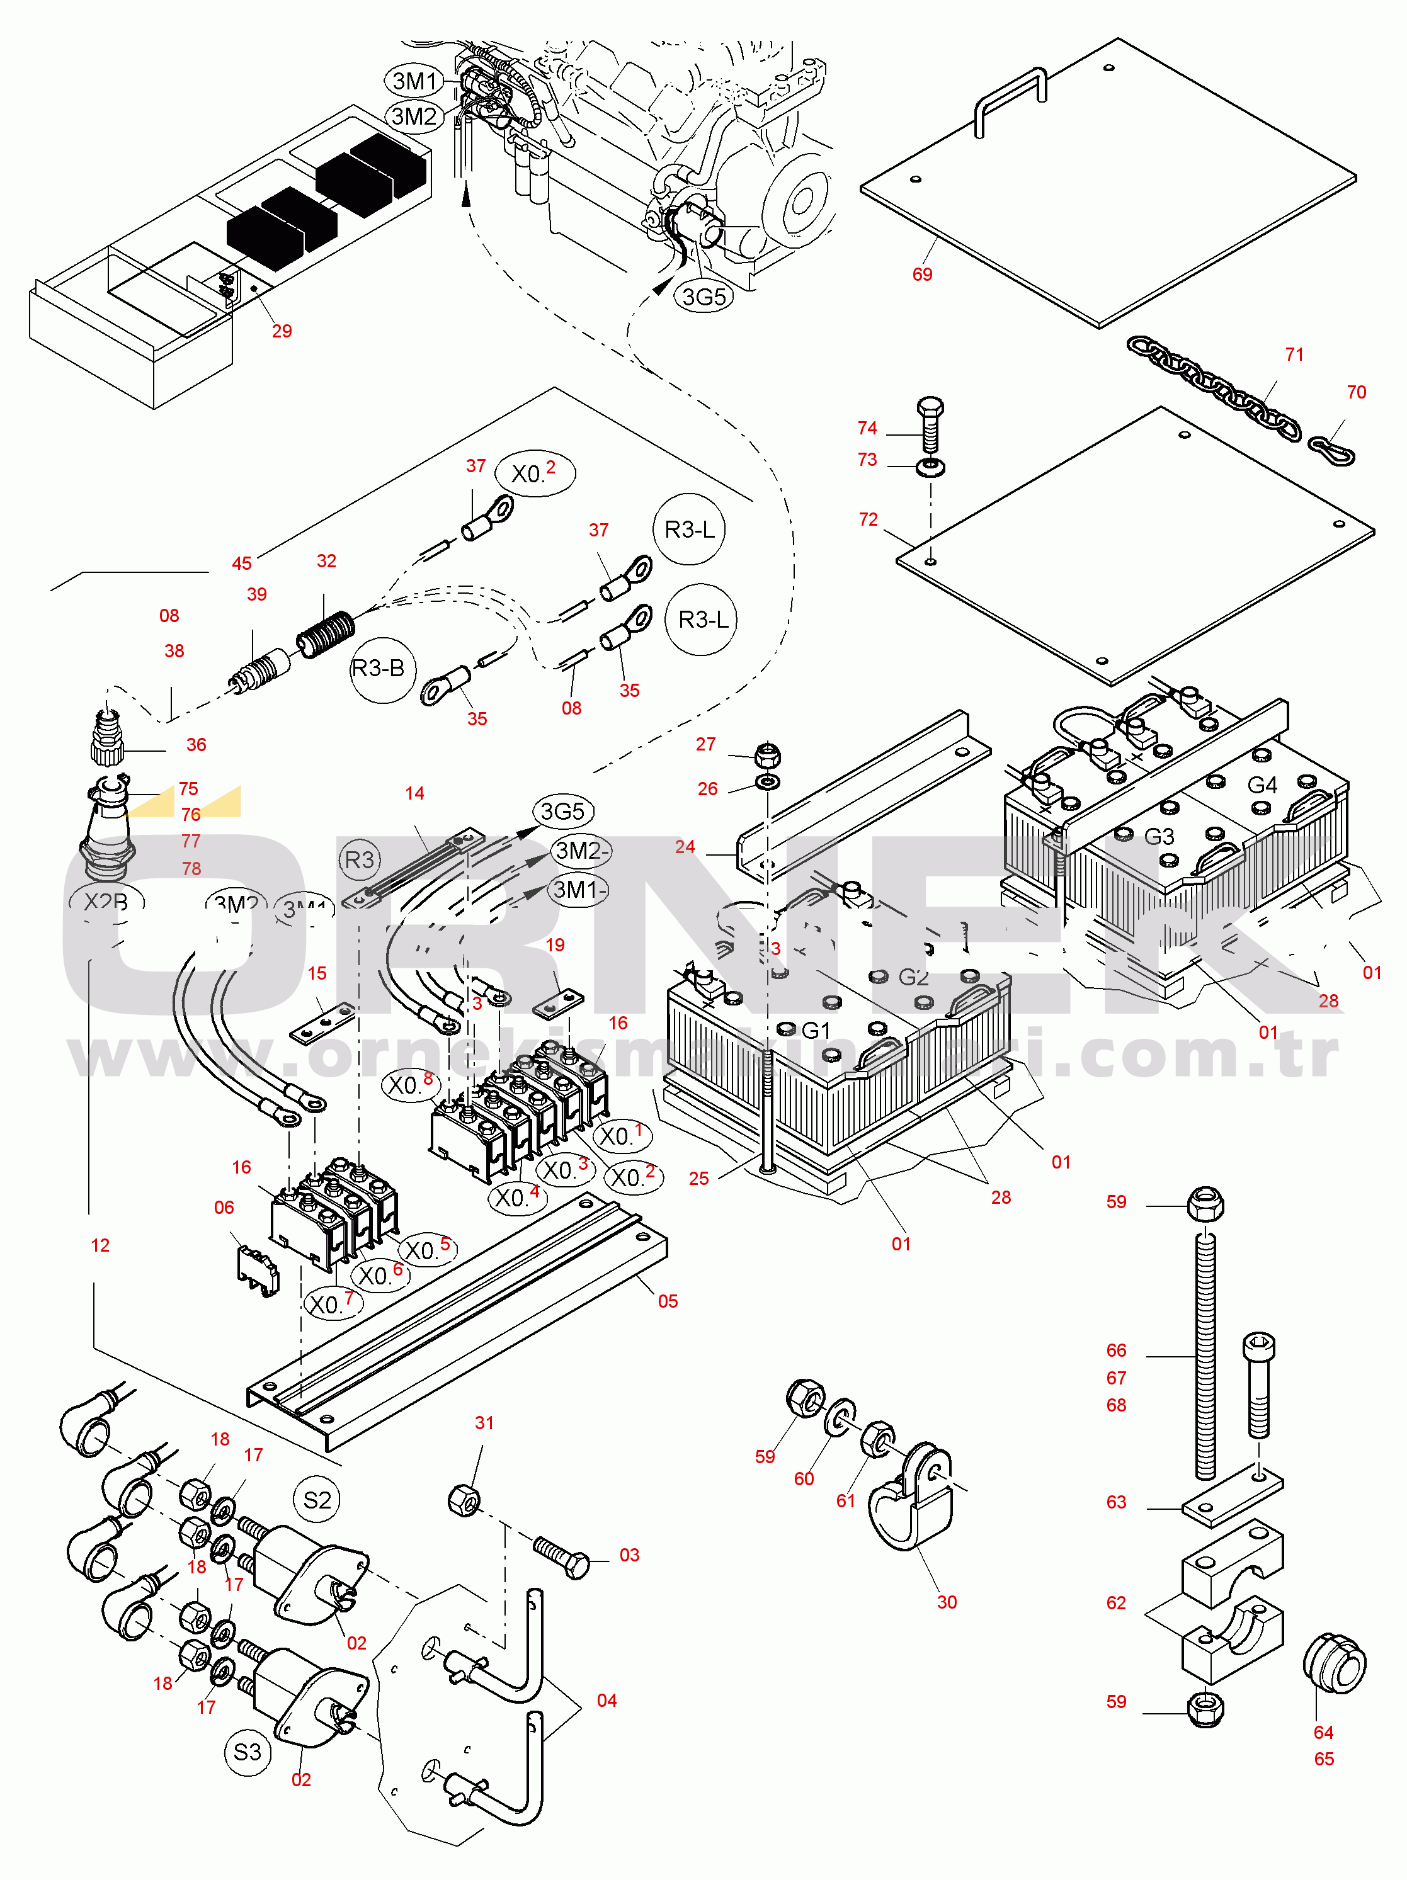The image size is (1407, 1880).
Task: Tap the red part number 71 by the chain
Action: click(x=1294, y=354)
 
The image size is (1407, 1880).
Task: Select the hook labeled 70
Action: click(x=1331, y=448)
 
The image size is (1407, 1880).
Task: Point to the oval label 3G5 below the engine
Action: click(x=704, y=297)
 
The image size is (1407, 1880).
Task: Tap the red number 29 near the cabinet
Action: click(x=282, y=331)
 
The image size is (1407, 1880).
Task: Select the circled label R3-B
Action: click(x=379, y=669)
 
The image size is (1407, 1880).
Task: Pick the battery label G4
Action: click(x=1262, y=784)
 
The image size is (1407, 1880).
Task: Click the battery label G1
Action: click(x=816, y=1030)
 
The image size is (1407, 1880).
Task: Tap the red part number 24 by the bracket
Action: click(x=685, y=847)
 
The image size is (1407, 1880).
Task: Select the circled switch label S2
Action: click(x=317, y=1500)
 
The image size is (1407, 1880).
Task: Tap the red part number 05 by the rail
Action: click(x=668, y=1301)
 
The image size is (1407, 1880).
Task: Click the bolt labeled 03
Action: click(x=562, y=1556)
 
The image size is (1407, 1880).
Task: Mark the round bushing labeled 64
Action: click(x=1334, y=1663)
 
